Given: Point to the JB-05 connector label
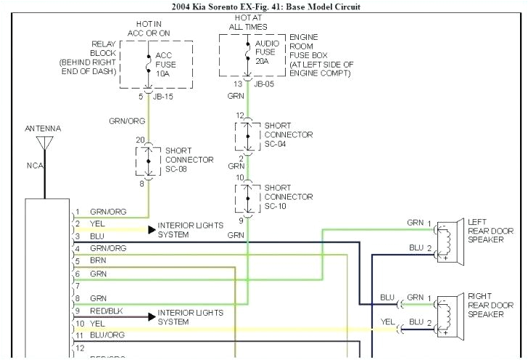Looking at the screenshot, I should coord(265,83).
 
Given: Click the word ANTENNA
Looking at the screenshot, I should coord(43,128).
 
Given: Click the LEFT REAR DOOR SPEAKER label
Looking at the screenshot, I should coord(490,230).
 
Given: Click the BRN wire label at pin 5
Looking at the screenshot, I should coord(98,260).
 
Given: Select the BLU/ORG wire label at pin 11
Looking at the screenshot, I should coord(107,335).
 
